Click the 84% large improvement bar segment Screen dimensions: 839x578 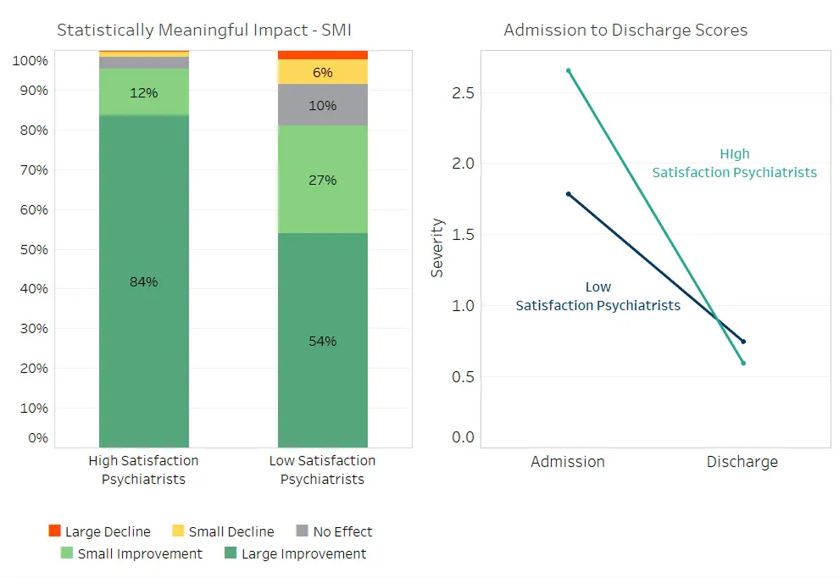pos(144,281)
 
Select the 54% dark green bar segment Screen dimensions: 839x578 pos(323,341)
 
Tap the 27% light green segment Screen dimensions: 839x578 pos(323,180)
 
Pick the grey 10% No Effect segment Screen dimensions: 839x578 pos(323,105)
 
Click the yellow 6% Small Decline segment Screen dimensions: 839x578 pos(323,72)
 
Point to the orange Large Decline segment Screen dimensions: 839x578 pos(323,55)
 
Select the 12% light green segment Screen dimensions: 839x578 pos(144,92)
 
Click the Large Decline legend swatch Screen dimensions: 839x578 pos(54,531)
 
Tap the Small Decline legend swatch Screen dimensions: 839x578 pos(178,531)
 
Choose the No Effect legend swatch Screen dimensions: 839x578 pos(303,531)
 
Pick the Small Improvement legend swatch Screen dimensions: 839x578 pos(67,553)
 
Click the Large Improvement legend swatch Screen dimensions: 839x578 pos(231,553)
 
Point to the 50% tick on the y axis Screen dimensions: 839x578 pos(34,249)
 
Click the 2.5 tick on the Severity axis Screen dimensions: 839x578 pos(463,93)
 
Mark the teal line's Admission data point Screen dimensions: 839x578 pos(569,70)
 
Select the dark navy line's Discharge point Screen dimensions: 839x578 pos(743,342)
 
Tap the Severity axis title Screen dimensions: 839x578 pos(437,247)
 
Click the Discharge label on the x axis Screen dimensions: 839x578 pos(742,461)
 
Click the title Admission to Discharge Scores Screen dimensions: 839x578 pos(625,30)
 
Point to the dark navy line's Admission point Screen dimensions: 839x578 pos(569,194)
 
